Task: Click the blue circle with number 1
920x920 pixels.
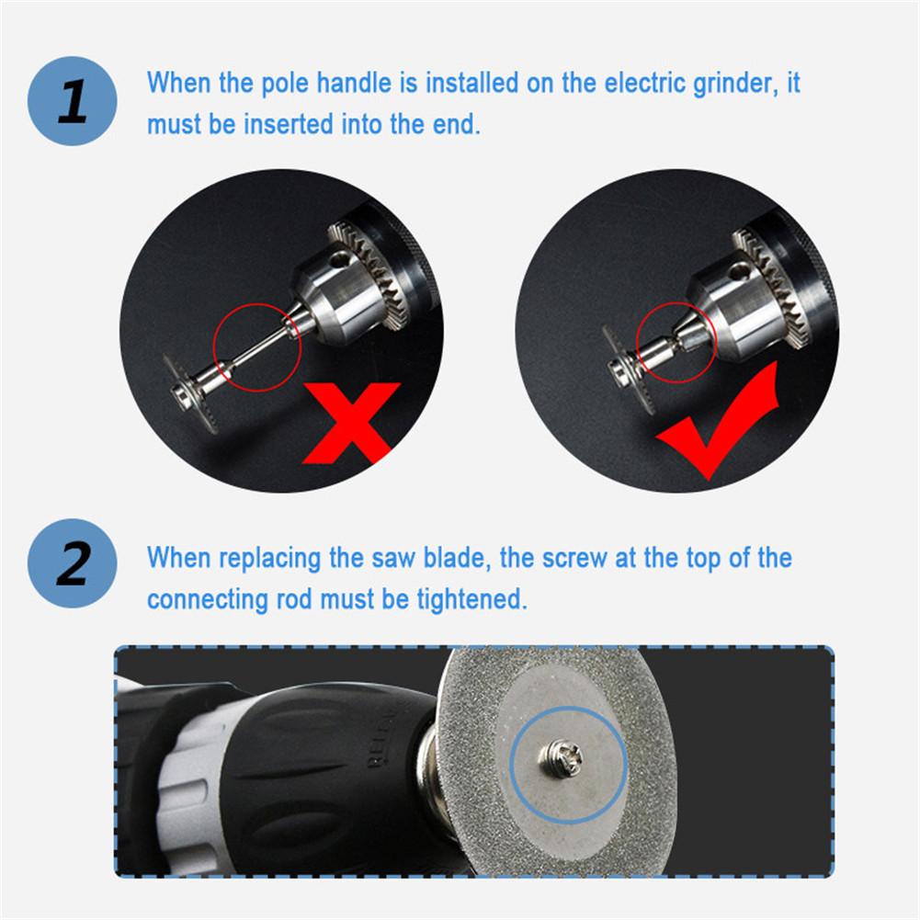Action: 72,102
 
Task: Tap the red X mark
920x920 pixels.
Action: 351,421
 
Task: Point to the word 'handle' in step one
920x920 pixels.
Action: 353,83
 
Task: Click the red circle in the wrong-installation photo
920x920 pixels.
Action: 256,346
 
